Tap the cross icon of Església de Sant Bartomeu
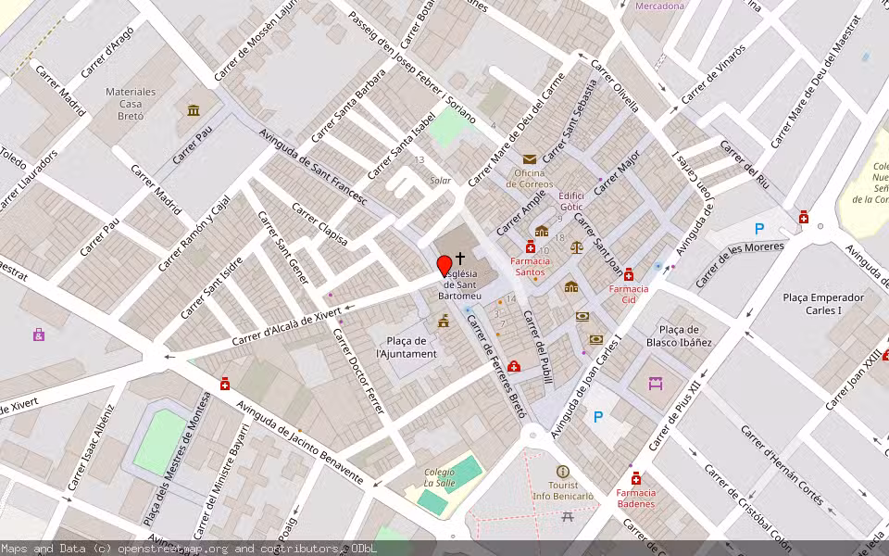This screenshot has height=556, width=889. click(x=460, y=259)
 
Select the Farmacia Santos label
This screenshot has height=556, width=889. click(x=530, y=267)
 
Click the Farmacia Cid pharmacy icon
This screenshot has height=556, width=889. click(x=629, y=274)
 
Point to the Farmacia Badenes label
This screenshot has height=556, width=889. click(x=635, y=499)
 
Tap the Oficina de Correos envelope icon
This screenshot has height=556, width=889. click(x=530, y=159)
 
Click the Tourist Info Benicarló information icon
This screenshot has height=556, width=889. click(x=562, y=472)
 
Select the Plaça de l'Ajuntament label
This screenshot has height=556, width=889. click(x=406, y=347)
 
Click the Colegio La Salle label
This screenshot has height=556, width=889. click(x=440, y=477)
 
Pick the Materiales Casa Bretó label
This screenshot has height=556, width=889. click(x=131, y=104)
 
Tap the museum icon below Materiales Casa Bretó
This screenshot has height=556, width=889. click(x=193, y=111)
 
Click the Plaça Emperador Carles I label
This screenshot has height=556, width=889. click(x=822, y=304)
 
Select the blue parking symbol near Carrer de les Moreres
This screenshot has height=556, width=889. click(x=759, y=229)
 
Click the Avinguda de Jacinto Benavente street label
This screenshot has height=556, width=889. click(x=299, y=442)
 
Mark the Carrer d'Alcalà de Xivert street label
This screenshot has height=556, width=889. click(x=286, y=327)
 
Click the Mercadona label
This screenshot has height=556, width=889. click(x=659, y=6)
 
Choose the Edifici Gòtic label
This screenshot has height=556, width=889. click(x=571, y=200)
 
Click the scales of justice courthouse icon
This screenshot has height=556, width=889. click(x=578, y=247)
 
